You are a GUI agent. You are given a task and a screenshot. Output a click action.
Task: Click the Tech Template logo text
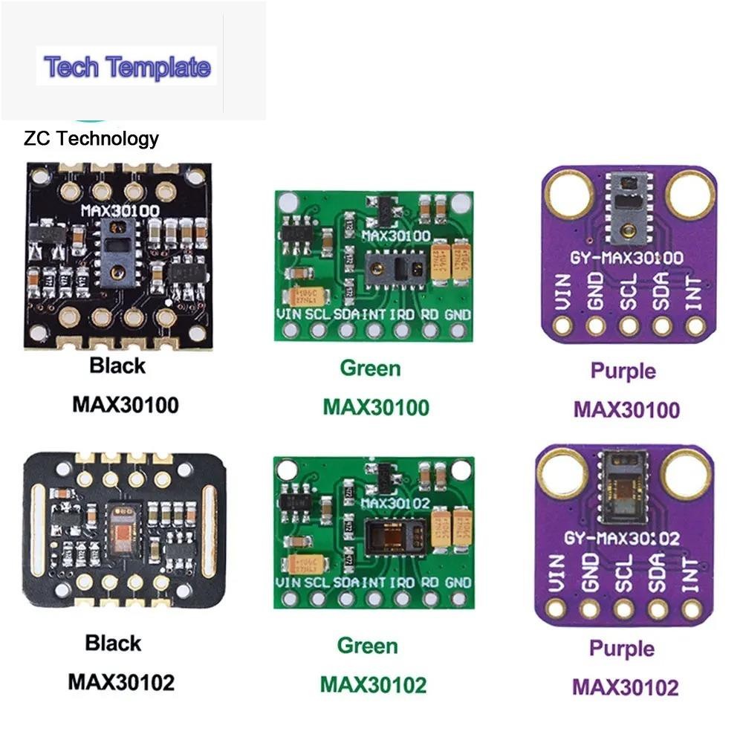[x=127, y=67]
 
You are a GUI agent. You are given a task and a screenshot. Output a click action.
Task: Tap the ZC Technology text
[x=91, y=138]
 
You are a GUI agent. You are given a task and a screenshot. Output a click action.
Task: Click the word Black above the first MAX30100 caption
[x=117, y=366]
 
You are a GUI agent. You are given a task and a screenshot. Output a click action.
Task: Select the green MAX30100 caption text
[x=376, y=407]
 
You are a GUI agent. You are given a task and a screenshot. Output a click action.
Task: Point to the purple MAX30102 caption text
[x=625, y=687]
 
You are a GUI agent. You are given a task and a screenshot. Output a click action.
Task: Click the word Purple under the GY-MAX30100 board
[x=623, y=370]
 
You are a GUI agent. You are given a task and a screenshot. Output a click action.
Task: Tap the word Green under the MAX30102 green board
[x=368, y=645]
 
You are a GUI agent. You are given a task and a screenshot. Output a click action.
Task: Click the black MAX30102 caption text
[x=121, y=681]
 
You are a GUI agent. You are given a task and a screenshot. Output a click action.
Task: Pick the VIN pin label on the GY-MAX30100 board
[x=562, y=291]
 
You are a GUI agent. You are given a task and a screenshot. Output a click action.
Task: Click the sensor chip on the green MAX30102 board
[x=395, y=532]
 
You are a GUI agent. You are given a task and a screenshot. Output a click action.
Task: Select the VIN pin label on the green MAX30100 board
[x=287, y=315]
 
